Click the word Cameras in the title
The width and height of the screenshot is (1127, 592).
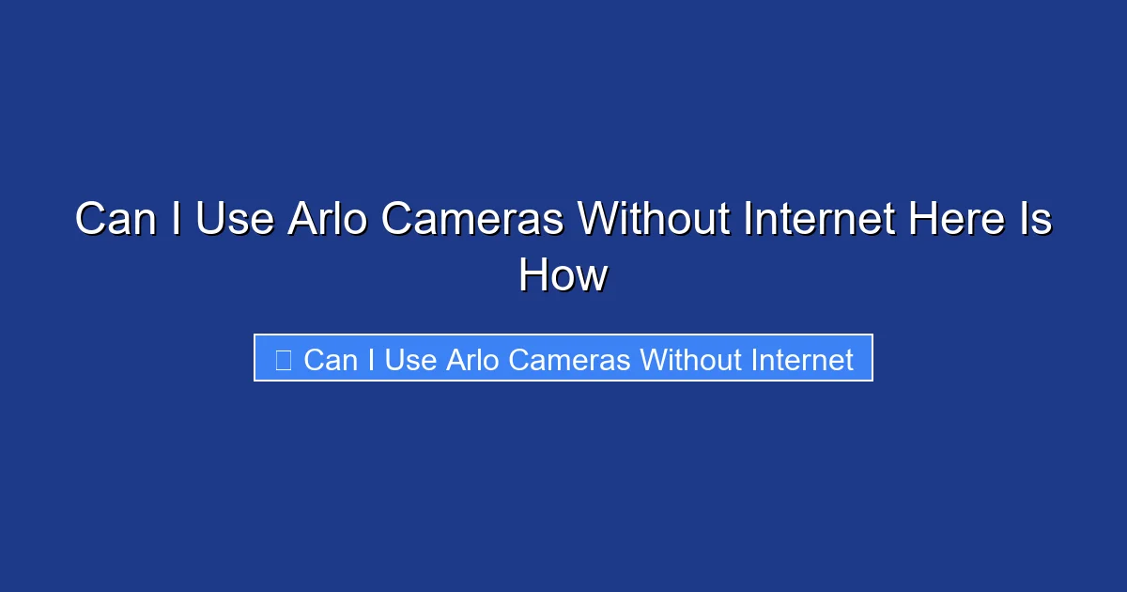[x=476, y=220]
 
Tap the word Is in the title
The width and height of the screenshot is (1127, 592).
[x=1036, y=220]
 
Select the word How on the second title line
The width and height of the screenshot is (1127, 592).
[x=563, y=276]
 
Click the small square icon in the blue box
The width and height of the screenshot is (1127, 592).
[x=283, y=359]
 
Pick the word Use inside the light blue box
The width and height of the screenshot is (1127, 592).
[x=409, y=360]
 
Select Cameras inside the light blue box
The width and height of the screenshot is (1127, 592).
[x=572, y=360]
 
